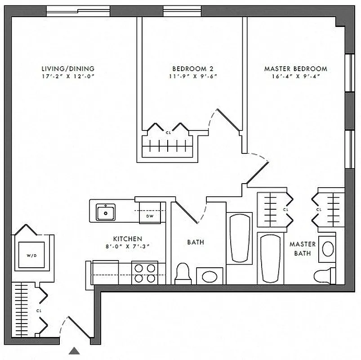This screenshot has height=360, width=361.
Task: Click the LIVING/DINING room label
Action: (67, 69)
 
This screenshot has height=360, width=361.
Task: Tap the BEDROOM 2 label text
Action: (192, 69)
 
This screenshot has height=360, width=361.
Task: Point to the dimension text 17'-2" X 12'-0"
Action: (67, 76)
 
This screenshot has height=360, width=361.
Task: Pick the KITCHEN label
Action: (127, 238)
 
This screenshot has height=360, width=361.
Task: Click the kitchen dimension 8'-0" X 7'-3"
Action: (127, 246)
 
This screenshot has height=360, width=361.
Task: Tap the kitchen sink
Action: (106, 211)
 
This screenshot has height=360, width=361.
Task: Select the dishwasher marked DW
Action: (149, 216)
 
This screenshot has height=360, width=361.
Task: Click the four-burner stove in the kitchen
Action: (144, 272)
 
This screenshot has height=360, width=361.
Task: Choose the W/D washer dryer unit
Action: (31, 256)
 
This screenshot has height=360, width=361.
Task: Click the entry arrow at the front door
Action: (75, 351)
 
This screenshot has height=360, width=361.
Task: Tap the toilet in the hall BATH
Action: (183, 273)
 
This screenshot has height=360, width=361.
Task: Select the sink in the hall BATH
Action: (210, 275)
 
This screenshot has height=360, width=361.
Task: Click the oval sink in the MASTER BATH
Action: (328, 248)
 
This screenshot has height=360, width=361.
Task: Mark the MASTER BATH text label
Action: (302, 248)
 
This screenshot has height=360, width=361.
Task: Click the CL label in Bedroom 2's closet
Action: (168, 133)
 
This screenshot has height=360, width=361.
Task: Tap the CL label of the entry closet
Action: (39, 310)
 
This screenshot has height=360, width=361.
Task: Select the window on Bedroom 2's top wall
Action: (182, 11)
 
